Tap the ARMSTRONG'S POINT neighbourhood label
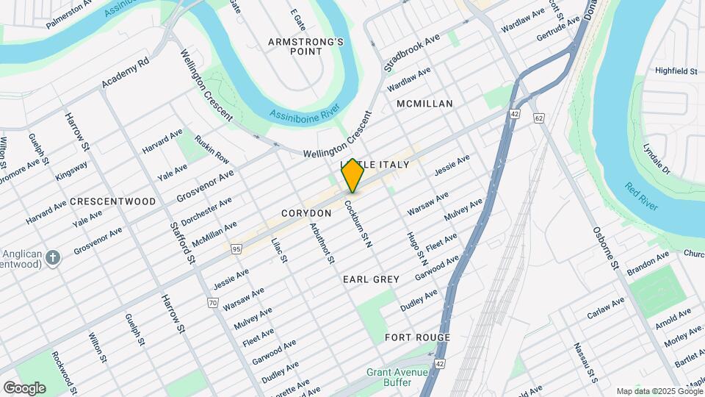(305, 46)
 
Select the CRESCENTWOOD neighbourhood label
(113, 201)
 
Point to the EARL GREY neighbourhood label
(371, 279)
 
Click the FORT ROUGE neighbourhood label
(417, 337)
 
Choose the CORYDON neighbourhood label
(306, 212)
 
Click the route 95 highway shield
(236, 249)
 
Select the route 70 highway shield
(213, 302)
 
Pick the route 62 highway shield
(539, 117)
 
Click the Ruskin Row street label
(212, 149)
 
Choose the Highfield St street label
(676, 71)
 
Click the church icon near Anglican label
(52, 257)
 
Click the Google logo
(24, 387)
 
